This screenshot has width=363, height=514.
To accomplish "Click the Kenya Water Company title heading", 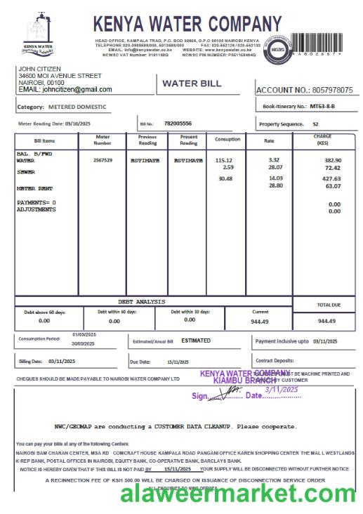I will (x=187, y=25).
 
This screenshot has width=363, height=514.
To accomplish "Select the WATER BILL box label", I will (x=192, y=84).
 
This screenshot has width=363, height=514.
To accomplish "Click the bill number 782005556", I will (x=178, y=124).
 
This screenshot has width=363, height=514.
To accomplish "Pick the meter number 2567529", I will (x=103, y=160).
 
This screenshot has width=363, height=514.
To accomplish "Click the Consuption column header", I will (x=227, y=139).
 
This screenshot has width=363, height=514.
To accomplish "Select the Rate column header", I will (x=269, y=140).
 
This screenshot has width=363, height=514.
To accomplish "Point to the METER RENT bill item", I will (x=34, y=188).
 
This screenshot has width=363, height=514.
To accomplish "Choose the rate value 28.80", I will (x=275, y=186).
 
